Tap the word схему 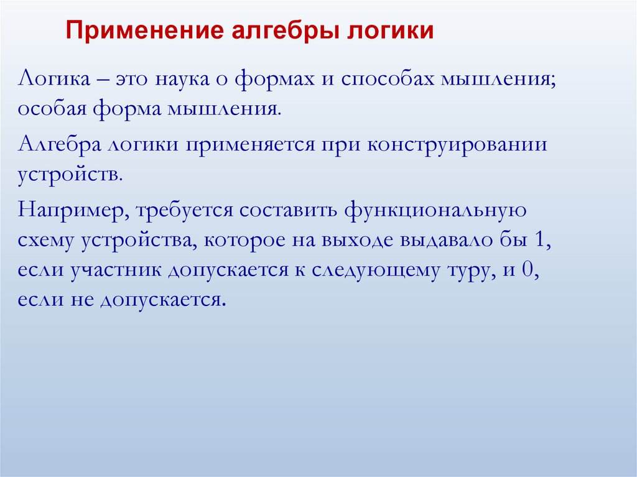point(45,241)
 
